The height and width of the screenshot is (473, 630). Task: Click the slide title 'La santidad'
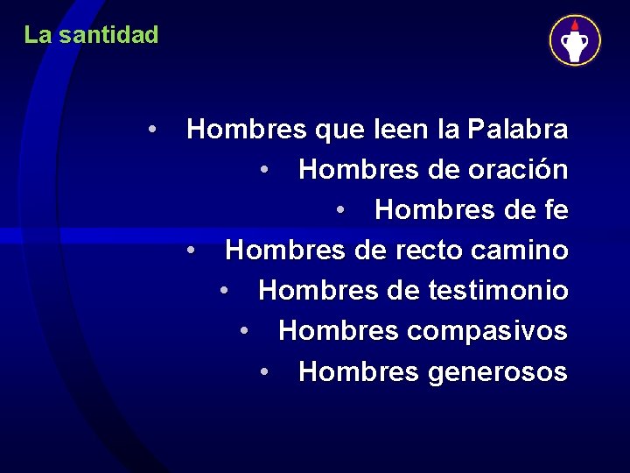[x=91, y=35]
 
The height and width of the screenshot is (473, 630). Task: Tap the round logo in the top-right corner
[x=575, y=40]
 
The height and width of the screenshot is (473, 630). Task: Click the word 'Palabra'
[x=518, y=130]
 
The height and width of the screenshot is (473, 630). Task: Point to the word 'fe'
[x=556, y=210]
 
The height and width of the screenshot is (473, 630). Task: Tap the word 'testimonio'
[x=499, y=291]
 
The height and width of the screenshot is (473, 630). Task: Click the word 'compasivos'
[x=497, y=332]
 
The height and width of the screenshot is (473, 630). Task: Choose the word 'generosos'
[x=498, y=372]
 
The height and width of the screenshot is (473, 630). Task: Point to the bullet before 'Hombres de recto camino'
[x=191, y=251]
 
